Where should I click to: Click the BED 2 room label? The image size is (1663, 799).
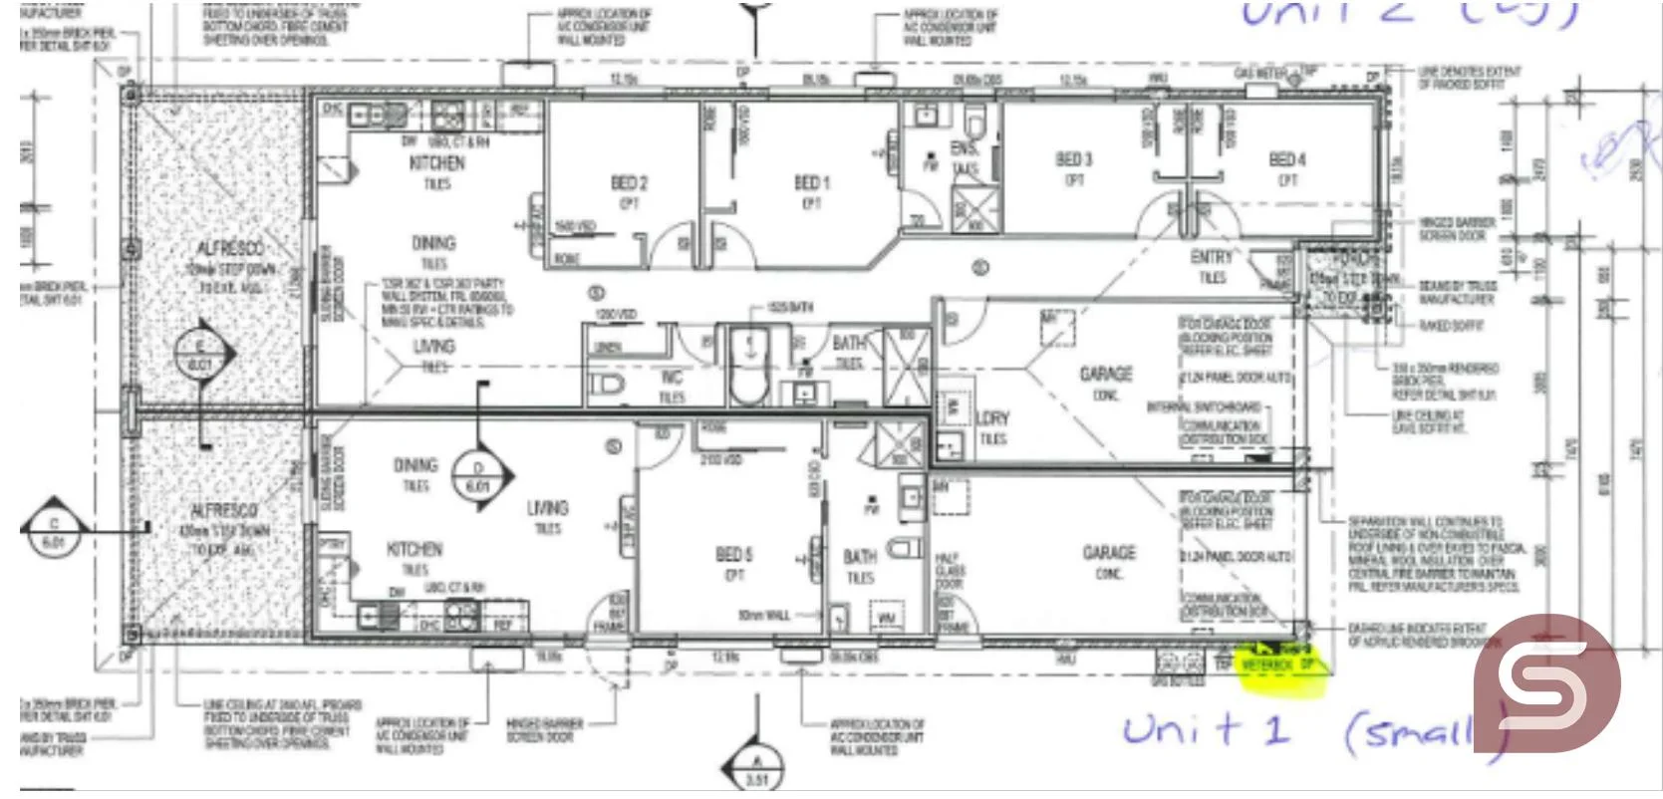tap(629, 183)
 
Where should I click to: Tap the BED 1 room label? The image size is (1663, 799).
tap(811, 182)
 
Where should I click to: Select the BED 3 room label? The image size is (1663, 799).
tap(1074, 159)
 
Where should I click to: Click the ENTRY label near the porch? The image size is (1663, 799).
tap(1211, 257)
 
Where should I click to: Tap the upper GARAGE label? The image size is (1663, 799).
tap(1106, 374)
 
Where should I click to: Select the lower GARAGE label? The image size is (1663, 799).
tap(1109, 552)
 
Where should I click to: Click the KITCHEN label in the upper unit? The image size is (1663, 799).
tap(436, 162)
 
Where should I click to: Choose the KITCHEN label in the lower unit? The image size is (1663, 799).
tap(415, 549)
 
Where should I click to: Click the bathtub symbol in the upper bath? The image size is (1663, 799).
tap(747, 363)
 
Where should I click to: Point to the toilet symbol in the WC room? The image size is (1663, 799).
tap(607, 385)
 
